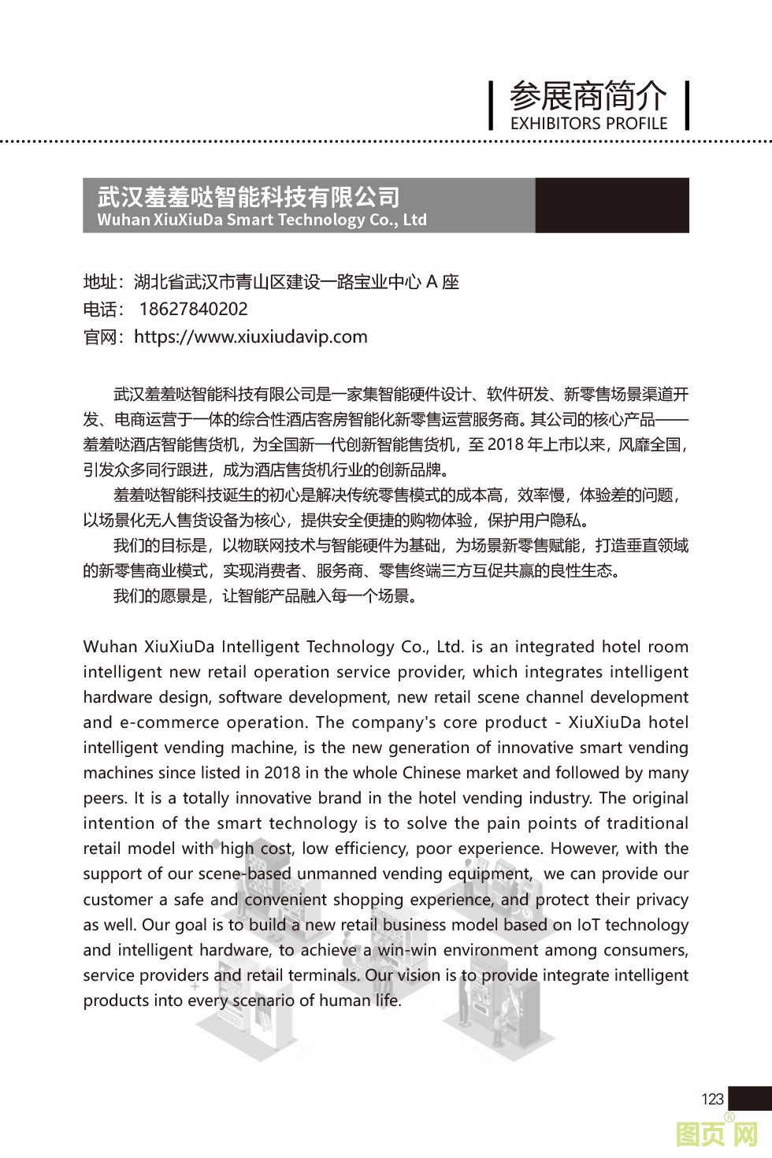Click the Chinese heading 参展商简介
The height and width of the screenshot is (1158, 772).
(x=588, y=96)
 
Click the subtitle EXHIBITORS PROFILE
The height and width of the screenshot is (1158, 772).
(x=588, y=124)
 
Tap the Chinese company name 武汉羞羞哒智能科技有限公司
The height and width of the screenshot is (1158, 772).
(x=248, y=196)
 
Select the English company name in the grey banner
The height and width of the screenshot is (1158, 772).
(x=262, y=220)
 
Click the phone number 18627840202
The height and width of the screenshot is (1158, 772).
(x=193, y=310)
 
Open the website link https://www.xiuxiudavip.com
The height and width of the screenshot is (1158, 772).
(x=251, y=337)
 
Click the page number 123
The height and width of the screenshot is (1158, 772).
(x=711, y=1099)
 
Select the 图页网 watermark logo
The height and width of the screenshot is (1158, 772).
(x=716, y=1135)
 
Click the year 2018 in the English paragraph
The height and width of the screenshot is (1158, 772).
(x=282, y=773)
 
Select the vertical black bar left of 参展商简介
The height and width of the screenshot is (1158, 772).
(x=491, y=105)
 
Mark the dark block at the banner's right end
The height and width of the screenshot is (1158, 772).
(x=612, y=205)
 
